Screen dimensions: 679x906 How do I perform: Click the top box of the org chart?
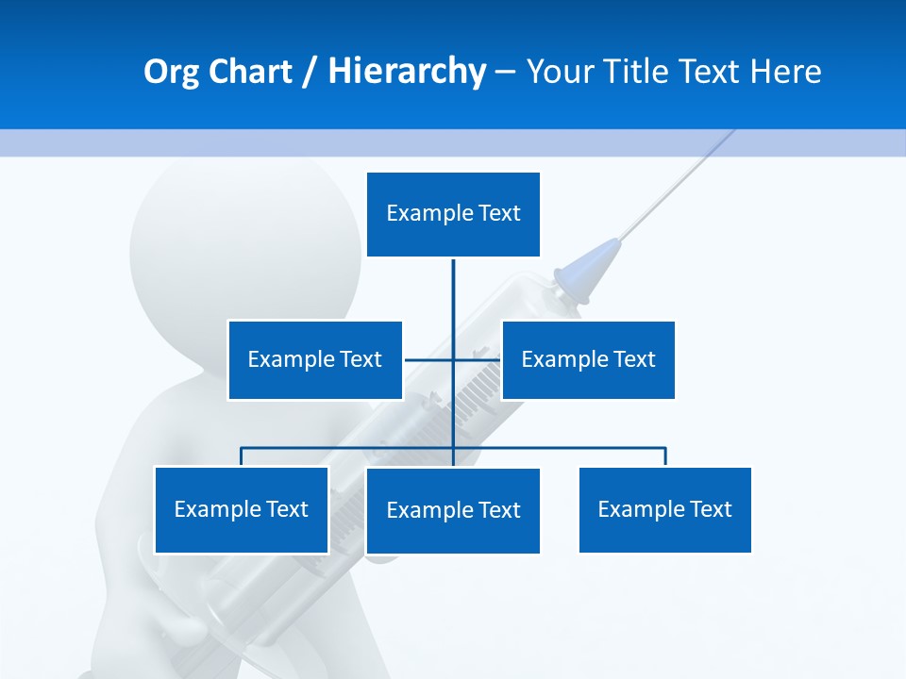(453, 214)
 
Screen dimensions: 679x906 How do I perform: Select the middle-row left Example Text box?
(314, 359)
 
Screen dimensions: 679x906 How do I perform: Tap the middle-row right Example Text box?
(588, 359)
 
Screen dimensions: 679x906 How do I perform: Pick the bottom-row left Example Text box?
(242, 509)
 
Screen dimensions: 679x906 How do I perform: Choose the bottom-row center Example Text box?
(453, 510)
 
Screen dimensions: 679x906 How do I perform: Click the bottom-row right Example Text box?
(665, 509)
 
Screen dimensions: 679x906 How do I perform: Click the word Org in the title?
(171, 72)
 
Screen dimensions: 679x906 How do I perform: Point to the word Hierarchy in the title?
(407, 72)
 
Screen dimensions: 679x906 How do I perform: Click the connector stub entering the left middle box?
(420, 359)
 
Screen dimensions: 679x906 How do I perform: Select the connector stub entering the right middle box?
(487, 359)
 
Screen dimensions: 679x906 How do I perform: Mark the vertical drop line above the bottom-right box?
(665, 456)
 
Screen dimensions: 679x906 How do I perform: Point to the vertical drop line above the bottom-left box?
(242, 456)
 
